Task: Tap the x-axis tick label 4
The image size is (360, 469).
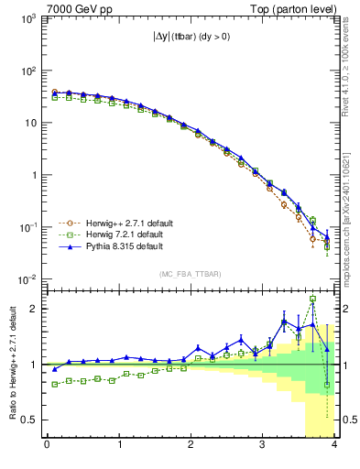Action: pyautogui.click(x=334, y=446)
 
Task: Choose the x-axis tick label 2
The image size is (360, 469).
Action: pyautogui.click(x=191, y=446)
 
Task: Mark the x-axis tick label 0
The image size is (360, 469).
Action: pyautogui.click(x=47, y=446)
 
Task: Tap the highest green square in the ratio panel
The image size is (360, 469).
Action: pyautogui.click(x=313, y=299)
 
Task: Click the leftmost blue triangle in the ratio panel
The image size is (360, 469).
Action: pyautogui.click(x=54, y=369)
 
